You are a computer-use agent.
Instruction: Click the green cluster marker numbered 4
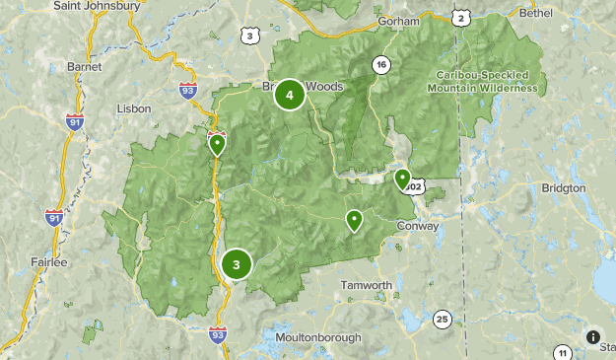pos(289,95)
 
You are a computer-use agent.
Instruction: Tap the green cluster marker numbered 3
pos(237,264)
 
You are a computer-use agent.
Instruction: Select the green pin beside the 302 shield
pos(402,179)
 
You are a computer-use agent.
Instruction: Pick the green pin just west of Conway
pos(354,220)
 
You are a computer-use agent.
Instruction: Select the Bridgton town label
pos(564,187)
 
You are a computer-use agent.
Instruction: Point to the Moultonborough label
pos(318,337)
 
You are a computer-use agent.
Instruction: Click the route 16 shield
pos(380,65)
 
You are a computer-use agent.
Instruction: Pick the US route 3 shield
pos(250,36)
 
